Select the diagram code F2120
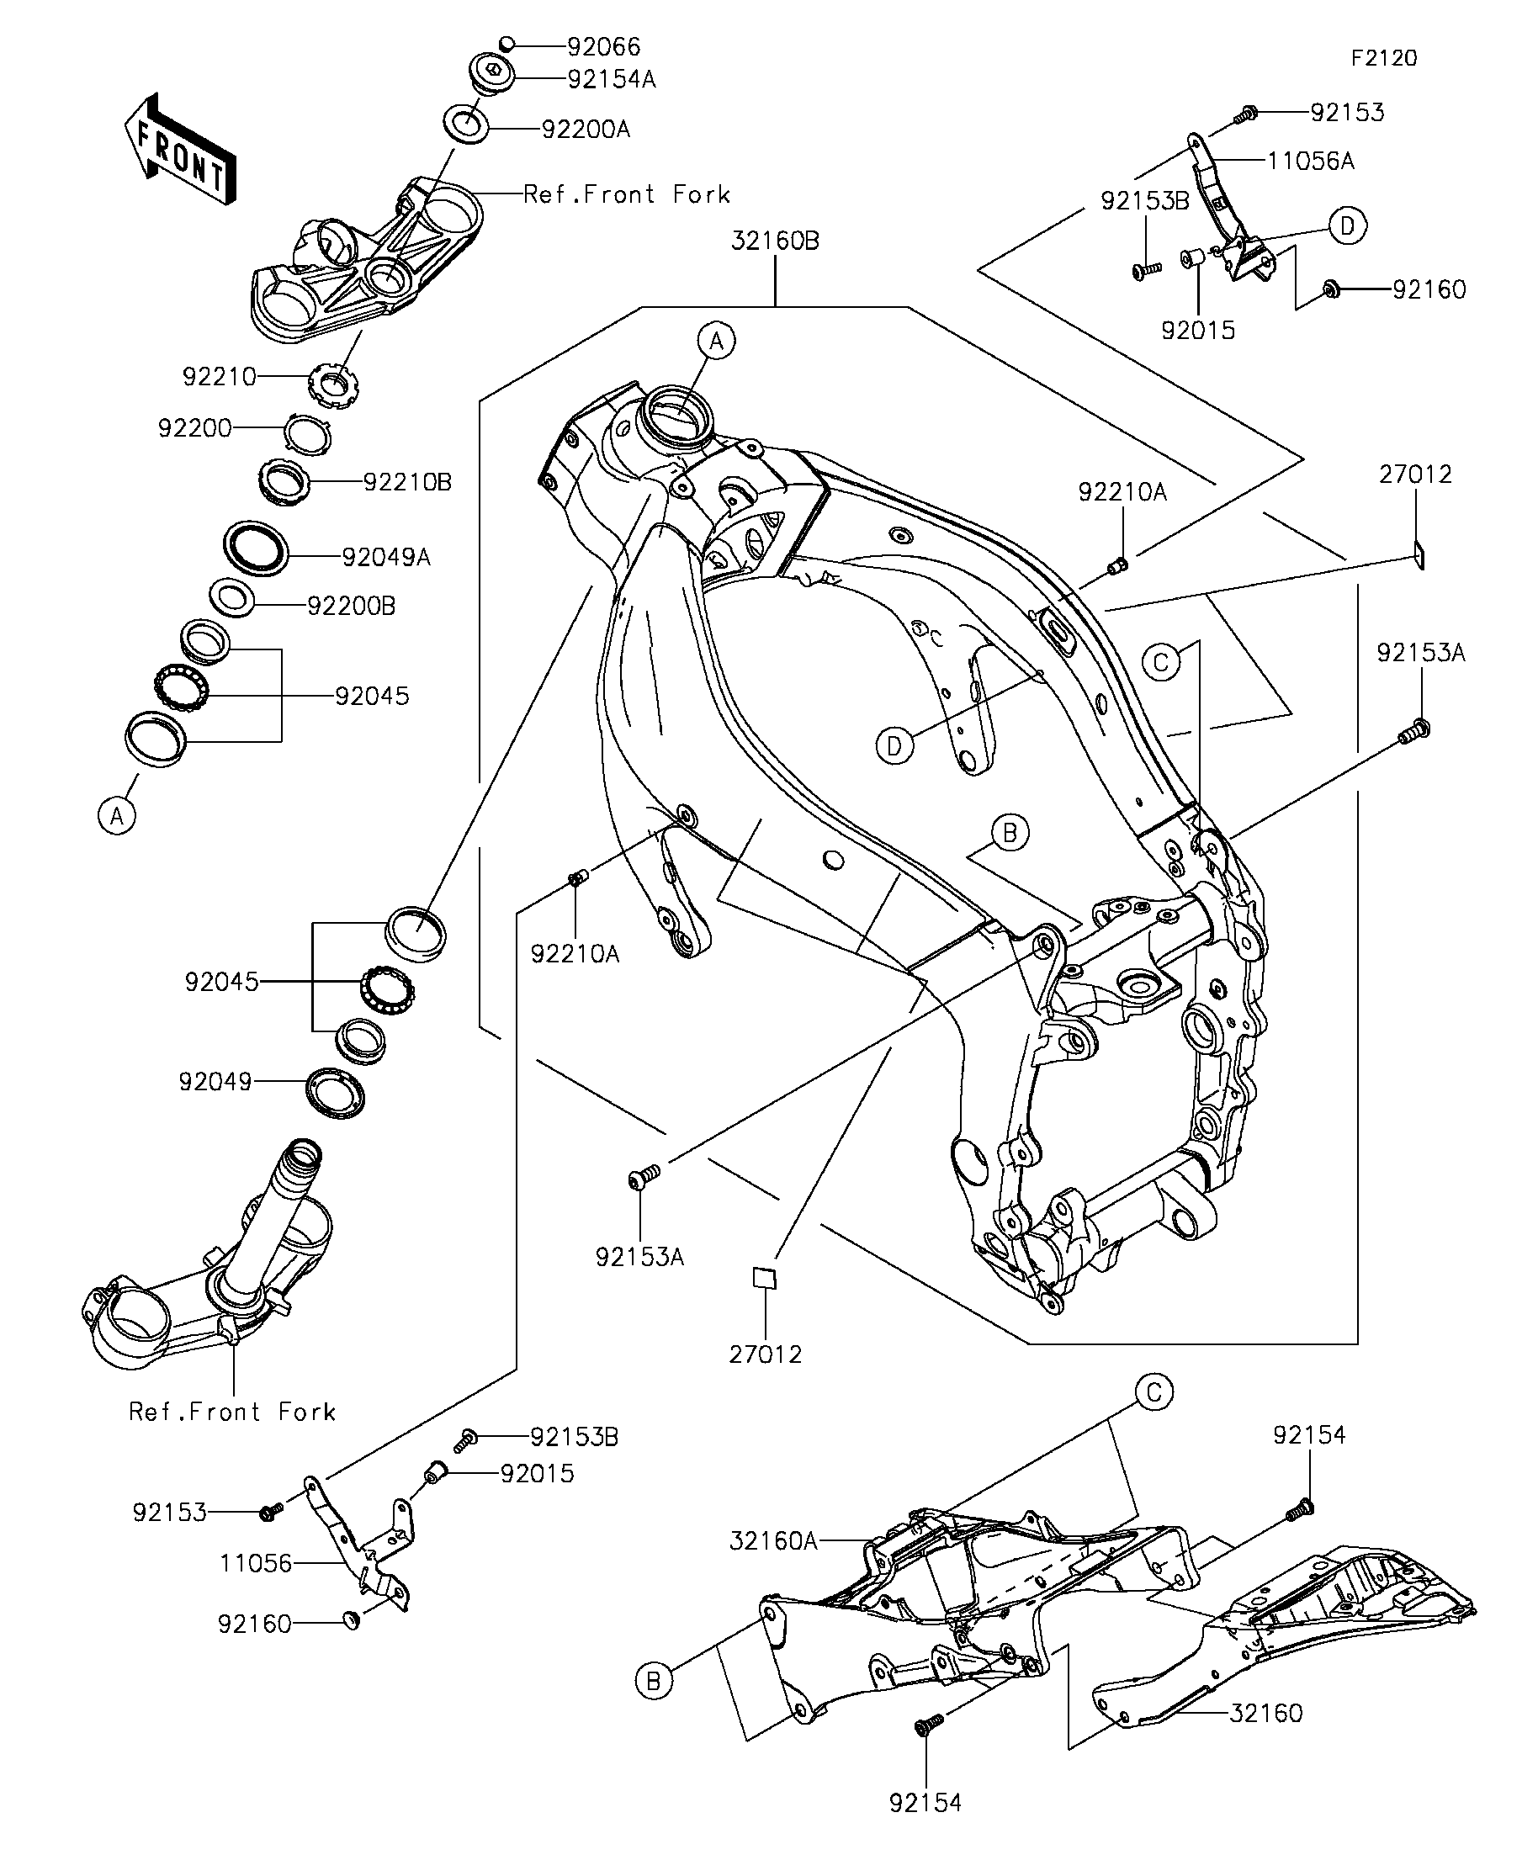tap(1384, 58)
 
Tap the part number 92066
tap(604, 46)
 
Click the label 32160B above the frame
tap(775, 241)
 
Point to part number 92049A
tap(386, 557)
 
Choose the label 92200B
tap(352, 606)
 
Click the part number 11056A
tap(1311, 161)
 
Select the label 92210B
tap(407, 482)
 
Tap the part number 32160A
tap(774, 1541)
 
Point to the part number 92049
tap(215, 1081)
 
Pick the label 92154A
tap(612, 79)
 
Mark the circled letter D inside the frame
tap(894, 746)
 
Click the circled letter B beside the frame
tap(1010, 833)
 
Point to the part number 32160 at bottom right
tap(1266, 1738)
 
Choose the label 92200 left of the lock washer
tap(194, 428)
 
